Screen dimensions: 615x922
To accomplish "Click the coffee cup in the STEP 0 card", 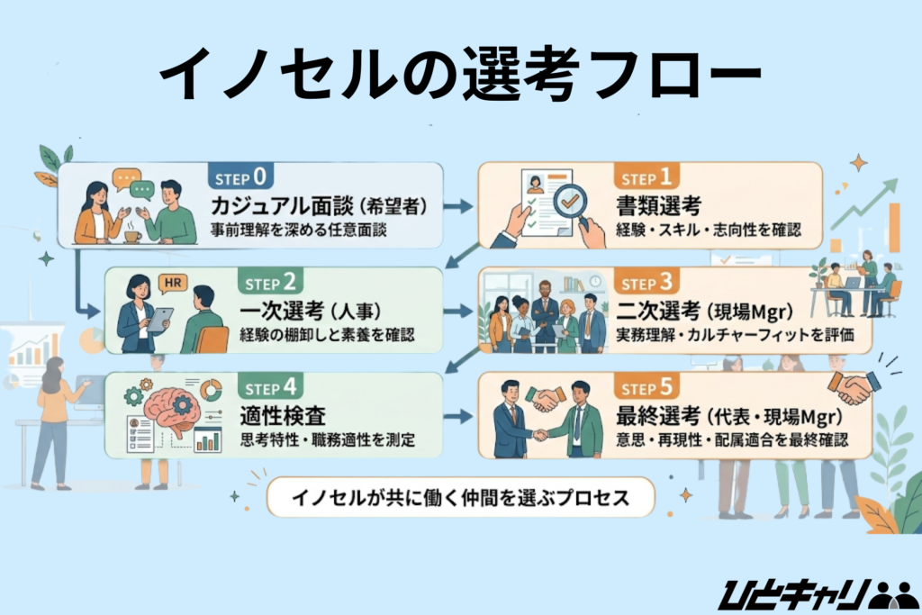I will [131, 236].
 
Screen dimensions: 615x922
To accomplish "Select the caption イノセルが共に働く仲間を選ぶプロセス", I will [459, 498].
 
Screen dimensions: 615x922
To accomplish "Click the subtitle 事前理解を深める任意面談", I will [298, 230].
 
